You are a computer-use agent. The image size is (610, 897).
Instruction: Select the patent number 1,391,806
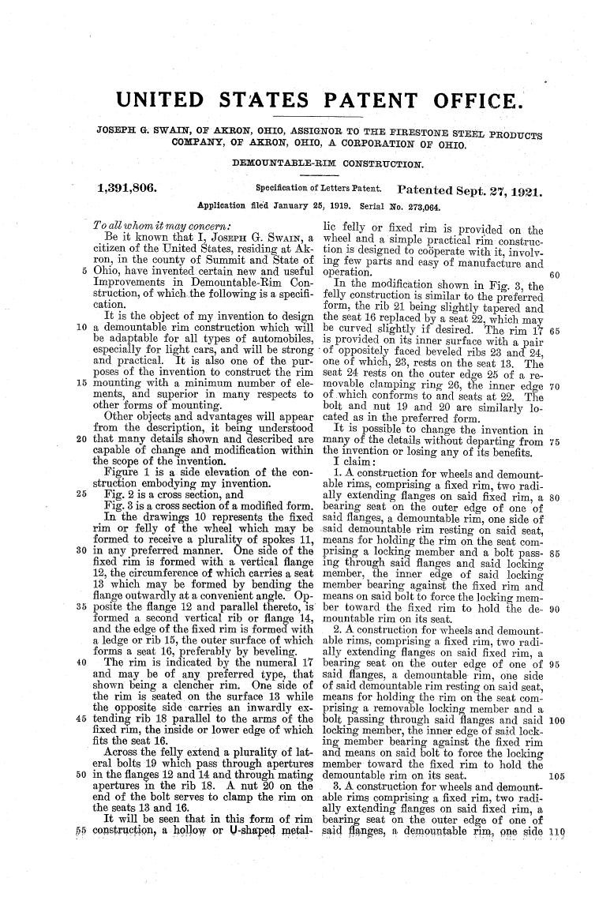click(x=126, y=189)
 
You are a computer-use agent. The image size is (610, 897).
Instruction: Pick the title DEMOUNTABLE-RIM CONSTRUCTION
click(x=327, y=164)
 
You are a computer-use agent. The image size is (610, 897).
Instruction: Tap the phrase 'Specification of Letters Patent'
click(x=320, y=190)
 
